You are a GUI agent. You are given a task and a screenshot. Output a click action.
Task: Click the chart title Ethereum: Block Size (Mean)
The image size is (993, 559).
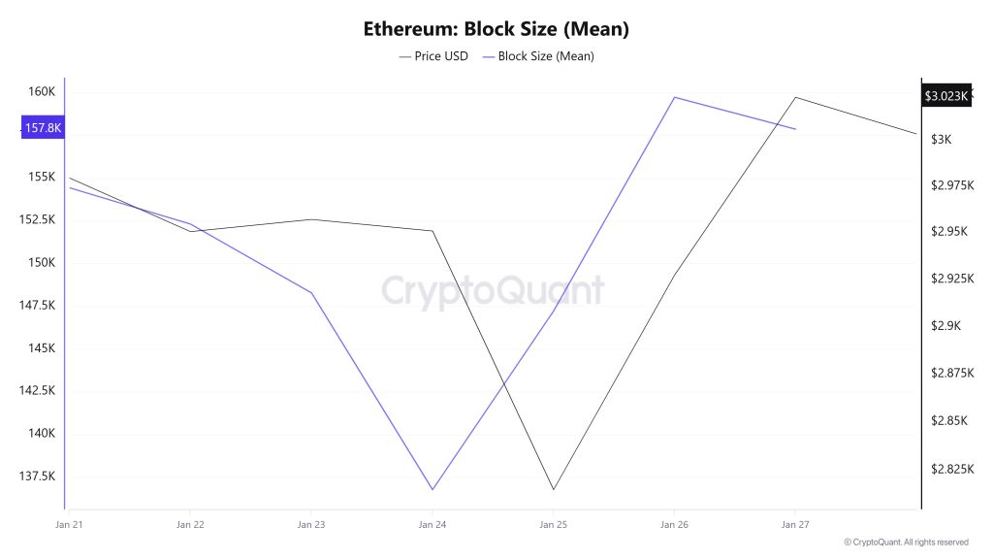pyautogui.click(x=496, y=28)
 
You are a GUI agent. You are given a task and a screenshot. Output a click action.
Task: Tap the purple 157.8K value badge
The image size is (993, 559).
pyautogui.click(x=43, y=127)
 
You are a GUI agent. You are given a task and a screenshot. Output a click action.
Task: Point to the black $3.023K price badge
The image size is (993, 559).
pyautogui.click(x=945, y=96)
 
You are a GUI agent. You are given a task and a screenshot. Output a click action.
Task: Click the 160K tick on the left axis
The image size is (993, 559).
pyautogui.click(x=42, y=91)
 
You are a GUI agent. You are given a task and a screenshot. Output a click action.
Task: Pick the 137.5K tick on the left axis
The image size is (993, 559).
pyautogui.click(x=38, y=476)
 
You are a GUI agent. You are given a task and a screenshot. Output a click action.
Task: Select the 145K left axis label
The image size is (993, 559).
pyautogui.click(x=42, y=347)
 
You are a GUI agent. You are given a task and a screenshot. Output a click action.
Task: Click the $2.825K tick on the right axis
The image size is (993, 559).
pyautogui.click(x=951, y=469)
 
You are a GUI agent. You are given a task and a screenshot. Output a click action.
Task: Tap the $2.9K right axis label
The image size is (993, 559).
pyautogui.click(x=945, y=326)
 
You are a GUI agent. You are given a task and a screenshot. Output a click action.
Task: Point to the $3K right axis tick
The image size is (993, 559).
pyautogui.click(x=942, y=140)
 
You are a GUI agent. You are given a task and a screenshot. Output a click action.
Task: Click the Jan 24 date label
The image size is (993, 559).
pyautogui.click(x=432, y=525)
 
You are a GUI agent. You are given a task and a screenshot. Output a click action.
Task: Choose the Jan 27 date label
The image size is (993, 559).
pyautogui.click(x=795, y=525)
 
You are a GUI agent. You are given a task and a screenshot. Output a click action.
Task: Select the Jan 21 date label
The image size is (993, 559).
pyautogui.click(x=70, y=525)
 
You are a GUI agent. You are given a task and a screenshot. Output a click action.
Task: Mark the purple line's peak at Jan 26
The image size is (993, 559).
pyautogui.click(x=674, y=97)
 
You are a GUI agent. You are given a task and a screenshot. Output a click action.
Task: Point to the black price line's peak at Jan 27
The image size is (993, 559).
pyautogui.click(x=795, y=97)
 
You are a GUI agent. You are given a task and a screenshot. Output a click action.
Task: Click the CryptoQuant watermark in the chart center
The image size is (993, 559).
pyautogui.click(x=493, y=291)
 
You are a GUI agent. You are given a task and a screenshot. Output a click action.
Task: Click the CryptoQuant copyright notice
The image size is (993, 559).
pyautogui.click(x=906, y=543)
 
